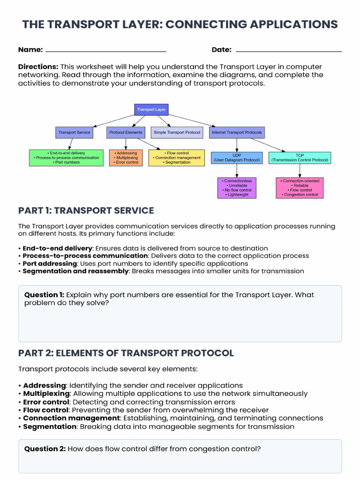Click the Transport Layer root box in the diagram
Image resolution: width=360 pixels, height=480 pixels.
[151, 110]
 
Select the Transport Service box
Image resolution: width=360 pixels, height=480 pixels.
[74, 133]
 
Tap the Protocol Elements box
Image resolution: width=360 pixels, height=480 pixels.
[126, 133]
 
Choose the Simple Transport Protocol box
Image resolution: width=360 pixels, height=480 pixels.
[177, 133]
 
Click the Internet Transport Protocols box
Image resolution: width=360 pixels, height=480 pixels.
[237, 133]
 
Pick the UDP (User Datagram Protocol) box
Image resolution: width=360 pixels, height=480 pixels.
[237, 157]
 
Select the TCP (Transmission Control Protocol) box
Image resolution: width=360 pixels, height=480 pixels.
[300, 157]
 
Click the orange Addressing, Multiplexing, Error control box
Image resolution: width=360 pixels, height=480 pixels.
[126, 157]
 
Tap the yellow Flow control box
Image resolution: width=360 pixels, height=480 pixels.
[177, 157]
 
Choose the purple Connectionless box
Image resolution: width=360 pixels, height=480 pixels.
[238, 187]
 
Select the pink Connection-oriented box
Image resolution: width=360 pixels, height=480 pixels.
[300, 187]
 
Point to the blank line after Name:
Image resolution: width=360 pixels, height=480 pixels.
[106, 51]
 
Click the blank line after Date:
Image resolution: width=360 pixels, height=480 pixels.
[288, 51]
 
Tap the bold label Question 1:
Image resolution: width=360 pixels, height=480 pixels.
[44, 295]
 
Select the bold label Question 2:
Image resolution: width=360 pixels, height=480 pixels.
[45, 449]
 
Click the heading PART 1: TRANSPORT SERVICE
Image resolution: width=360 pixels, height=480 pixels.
[86, 210]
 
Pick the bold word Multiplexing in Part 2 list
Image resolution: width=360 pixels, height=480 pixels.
[46, 394]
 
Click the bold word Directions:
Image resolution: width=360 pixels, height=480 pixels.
[38, 67]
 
